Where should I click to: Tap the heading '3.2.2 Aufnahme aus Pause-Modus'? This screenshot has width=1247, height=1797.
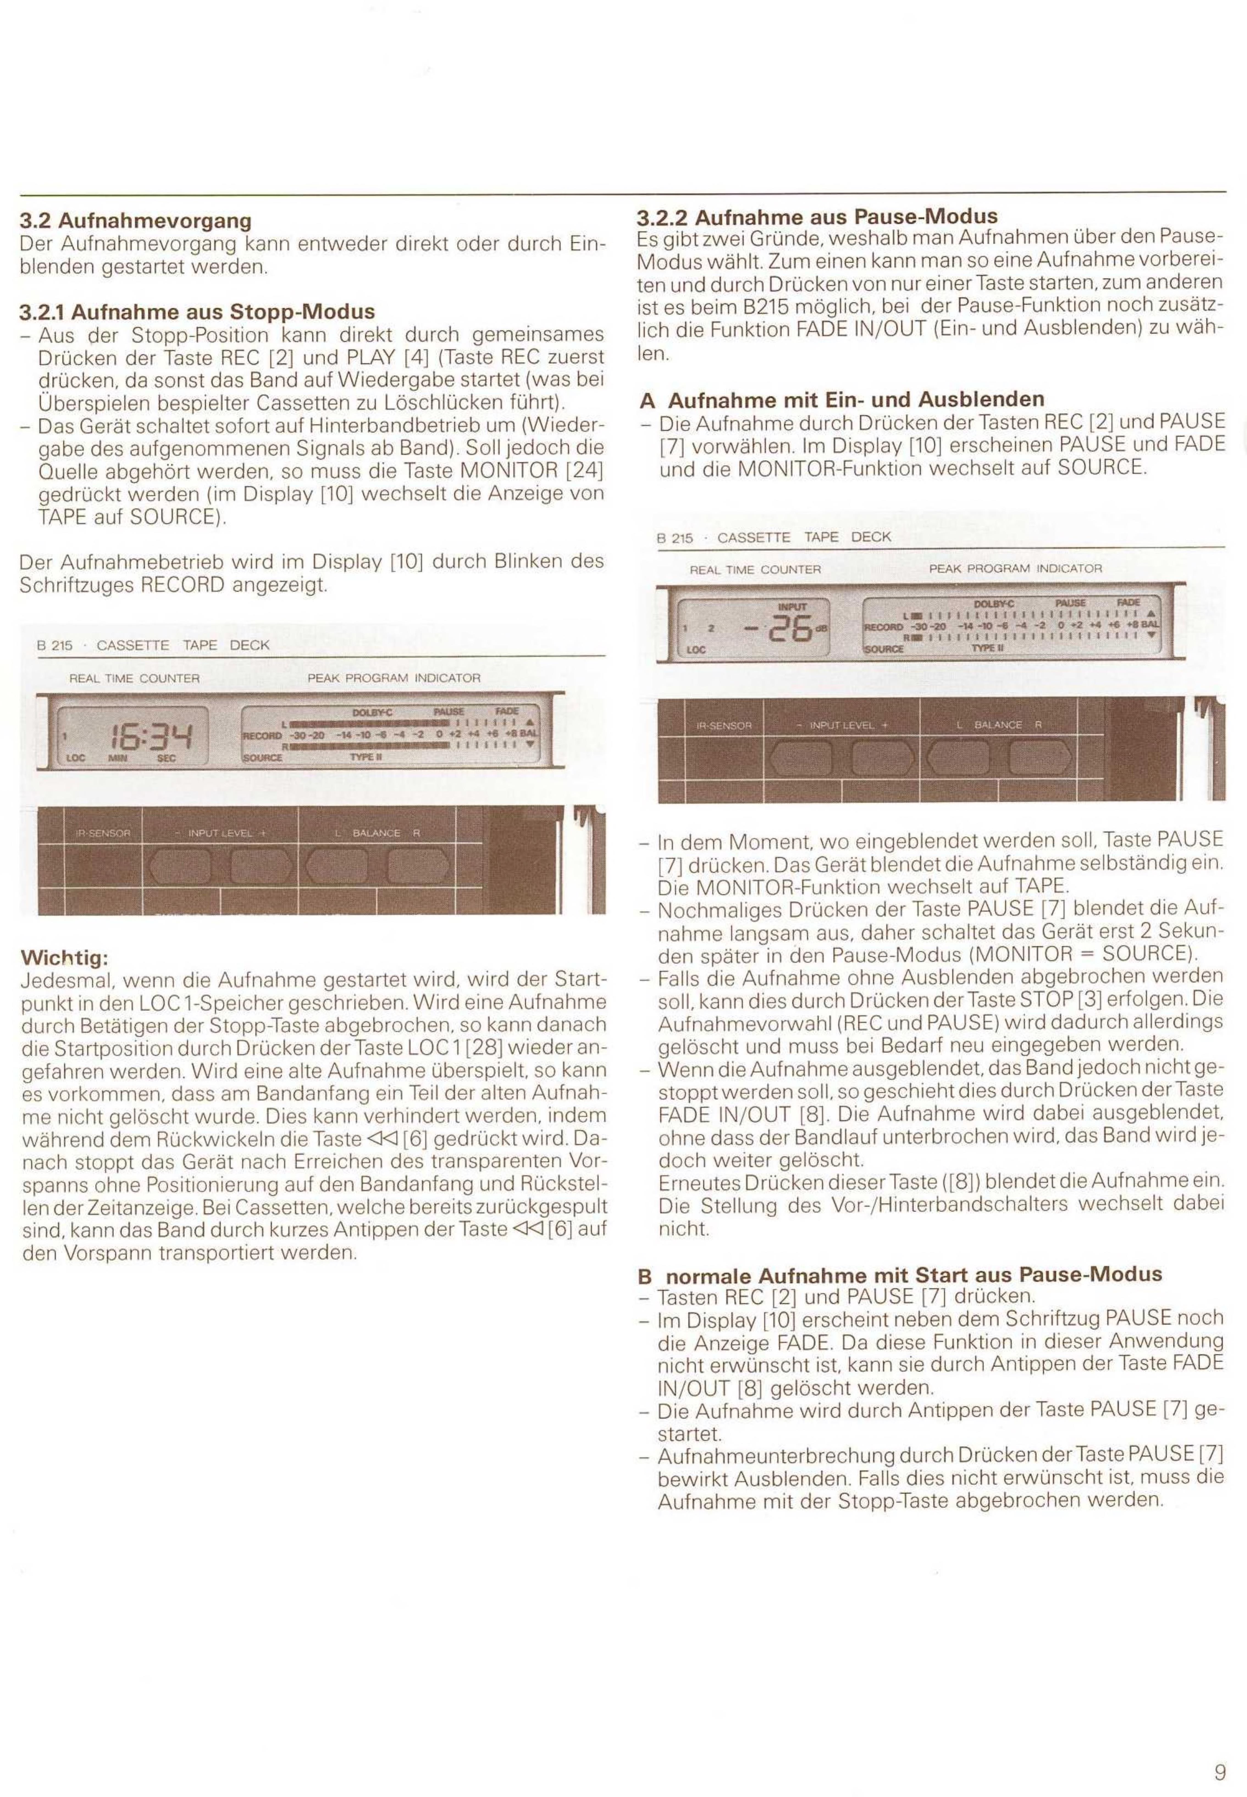coord(818,216)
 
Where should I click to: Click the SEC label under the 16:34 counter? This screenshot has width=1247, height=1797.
coord(167,758)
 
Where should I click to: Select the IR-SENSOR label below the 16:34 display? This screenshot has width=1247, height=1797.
coord(102,833)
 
